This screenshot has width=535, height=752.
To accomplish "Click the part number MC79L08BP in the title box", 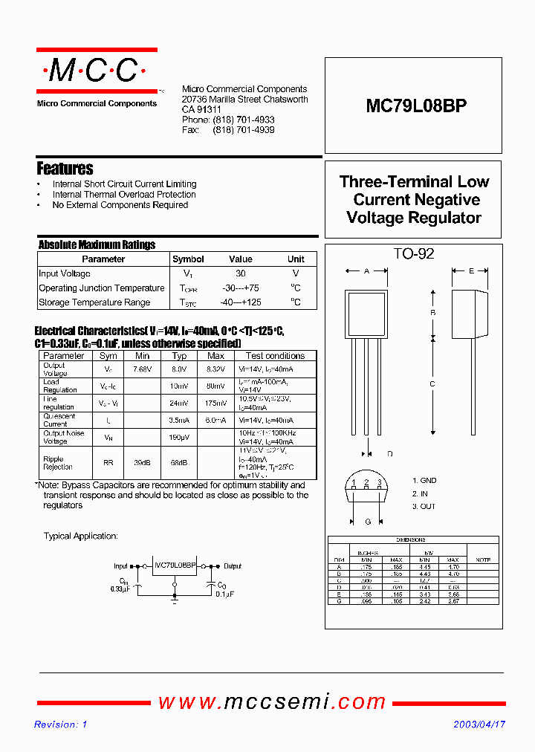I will pyautogui.click(x=416, y=106).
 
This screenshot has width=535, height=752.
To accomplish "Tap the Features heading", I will pyautogui.click(x=65, y=169).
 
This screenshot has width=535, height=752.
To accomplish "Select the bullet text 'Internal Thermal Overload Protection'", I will pyautogui.click(x=124, y=195).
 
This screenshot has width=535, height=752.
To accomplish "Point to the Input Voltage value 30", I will pyautogui.click(x=241, y=273).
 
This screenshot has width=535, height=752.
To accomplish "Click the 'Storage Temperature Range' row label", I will pyautogui.click(x=94, y=302).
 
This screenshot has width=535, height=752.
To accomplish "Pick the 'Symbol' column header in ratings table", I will pyautogui.click(x=188, y=259).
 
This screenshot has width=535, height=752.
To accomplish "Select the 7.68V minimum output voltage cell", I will pyautogui.click(x=142, y=369).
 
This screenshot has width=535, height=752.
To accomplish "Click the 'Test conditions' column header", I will pyautogui.click(x=275, y=356).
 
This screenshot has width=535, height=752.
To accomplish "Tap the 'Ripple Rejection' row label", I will pyautogui.click(x=58, y=463).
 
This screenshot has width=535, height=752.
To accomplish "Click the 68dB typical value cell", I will pyautogui.click(x=179, y=463).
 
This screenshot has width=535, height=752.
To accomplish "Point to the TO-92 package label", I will pyautogui.click(x=414, y=254).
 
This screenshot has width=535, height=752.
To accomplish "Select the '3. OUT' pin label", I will pyautogui.click(x=424, y=506).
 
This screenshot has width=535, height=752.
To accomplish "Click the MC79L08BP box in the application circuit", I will pyautogui.click(x=175, y=565).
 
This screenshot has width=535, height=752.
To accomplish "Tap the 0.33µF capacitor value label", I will pyautogui.click(x=118, y=589).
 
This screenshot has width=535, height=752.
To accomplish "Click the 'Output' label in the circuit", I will pyautogui.click(x=233, y=566).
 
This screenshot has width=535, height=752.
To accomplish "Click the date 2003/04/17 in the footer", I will pyautogui.click(x=479, y=725).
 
